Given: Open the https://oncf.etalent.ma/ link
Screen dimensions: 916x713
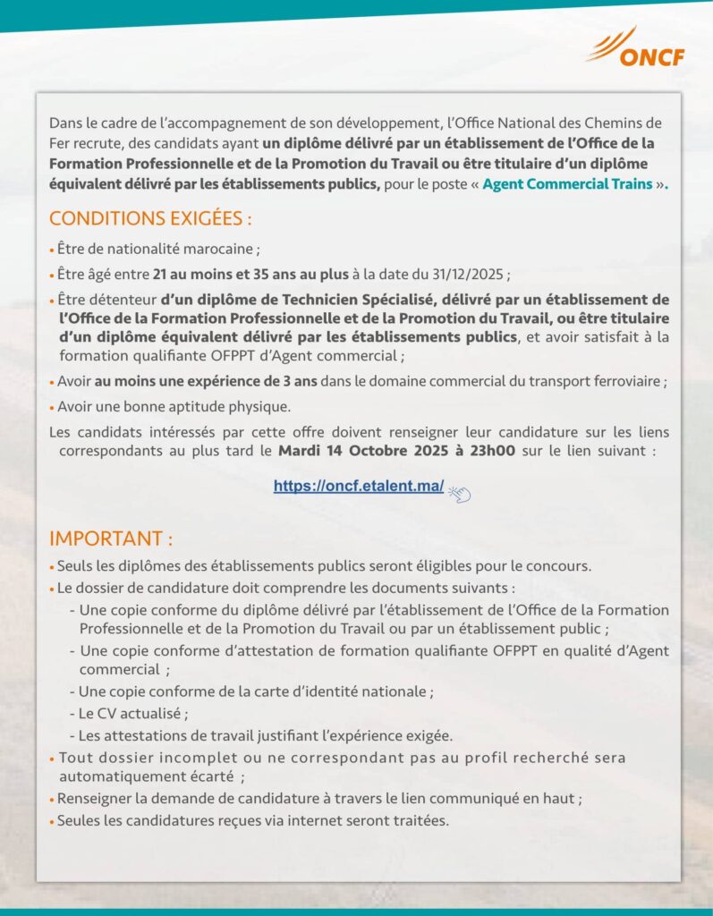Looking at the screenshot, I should click(359, 487).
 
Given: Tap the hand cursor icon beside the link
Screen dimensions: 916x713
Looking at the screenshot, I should click(459, 491).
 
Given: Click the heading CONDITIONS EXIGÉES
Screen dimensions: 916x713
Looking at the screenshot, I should click(150, 219).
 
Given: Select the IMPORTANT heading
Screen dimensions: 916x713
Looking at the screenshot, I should click(111, 539).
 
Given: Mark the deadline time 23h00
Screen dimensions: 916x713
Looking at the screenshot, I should click(488, 451).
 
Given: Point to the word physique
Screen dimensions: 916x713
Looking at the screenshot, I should click(263, 407).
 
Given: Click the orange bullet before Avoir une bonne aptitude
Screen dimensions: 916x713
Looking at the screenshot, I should click(52, 408).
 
